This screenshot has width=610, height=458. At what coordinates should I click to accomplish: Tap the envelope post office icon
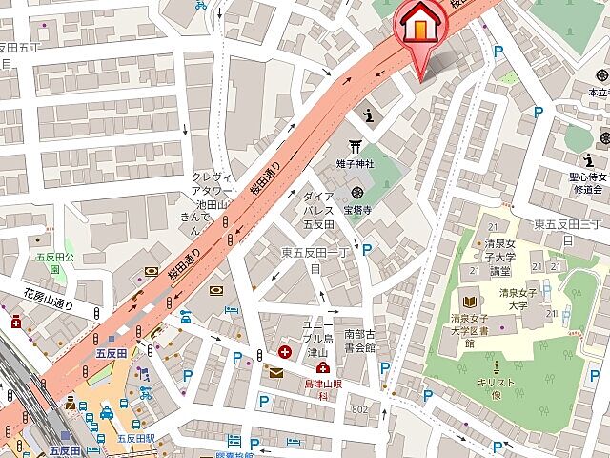[275, 373]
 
